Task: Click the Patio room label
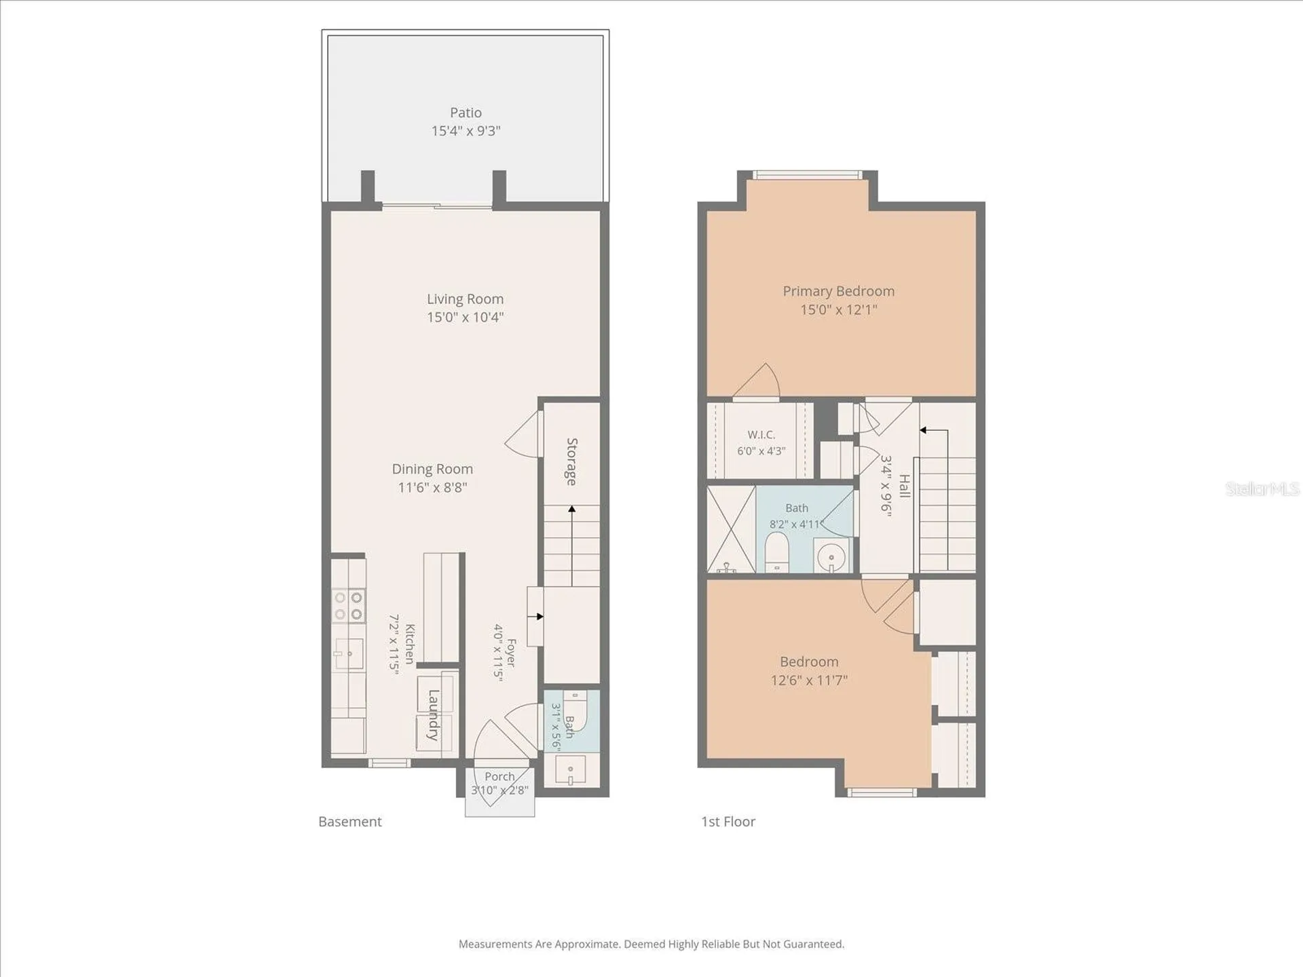tap(466, 113)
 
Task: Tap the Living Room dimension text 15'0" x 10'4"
tap(466, 317)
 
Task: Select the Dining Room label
tap(432, 469)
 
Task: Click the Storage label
tap(572, 461)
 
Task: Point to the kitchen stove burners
tap(348, 606)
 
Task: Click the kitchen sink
tap(348, 653)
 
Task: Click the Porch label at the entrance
tap(499, 776)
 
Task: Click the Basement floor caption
tap(350, 822)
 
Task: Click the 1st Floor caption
tap(728, 822)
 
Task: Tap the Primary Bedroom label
tap(839, 291)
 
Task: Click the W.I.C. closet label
tap(761, 435)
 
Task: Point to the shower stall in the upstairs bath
tap(732, 529)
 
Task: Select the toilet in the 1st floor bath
tap(776, 552)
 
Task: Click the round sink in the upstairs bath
tap(832, 558)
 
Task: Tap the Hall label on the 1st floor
tap(905, 486)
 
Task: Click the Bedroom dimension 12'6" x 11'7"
tap(809, 680)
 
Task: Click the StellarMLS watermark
tap(1262, 488)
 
